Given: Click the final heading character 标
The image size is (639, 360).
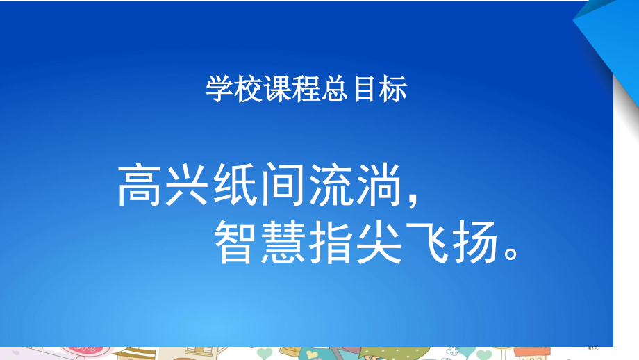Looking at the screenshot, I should coord(395,90).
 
